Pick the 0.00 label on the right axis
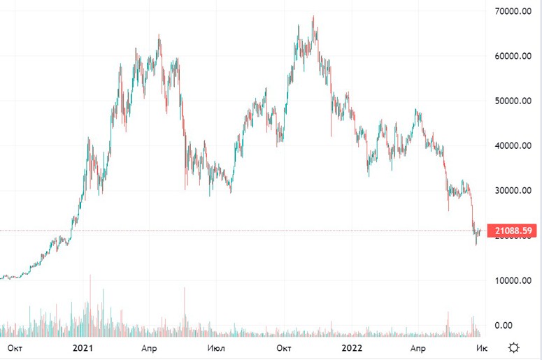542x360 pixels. pyautogui.click(x=504, y=325)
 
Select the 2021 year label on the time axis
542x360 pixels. pyautogui.click(x=83, y=347)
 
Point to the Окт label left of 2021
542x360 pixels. pyautogui.click(x=15, y=347)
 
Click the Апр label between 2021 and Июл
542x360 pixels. pyautogui.click(x=149, y=347)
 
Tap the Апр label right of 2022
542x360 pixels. pyautogui.click(x=417, y=347)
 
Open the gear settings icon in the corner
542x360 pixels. pyautogui.click(x=515, y=347)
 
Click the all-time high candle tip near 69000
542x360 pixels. pyautogui.click(x=313, y=17)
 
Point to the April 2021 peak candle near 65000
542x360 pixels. pyautogui.click(x=159, y=35)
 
